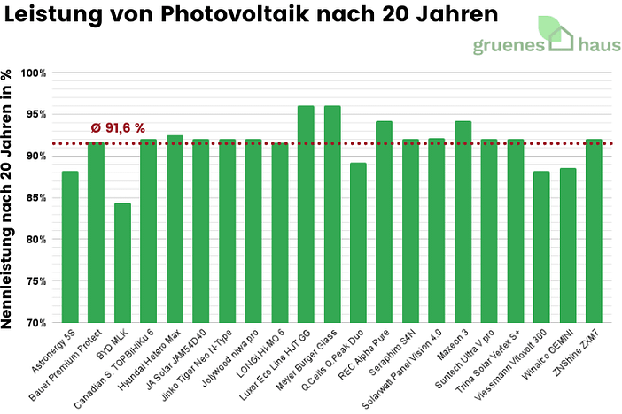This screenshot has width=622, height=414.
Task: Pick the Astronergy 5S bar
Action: pyautogui.click(x=70, y=247)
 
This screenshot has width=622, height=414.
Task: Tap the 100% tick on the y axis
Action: pyautogui.click(x=33, y=73)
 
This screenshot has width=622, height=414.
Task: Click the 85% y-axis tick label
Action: pyautogui.click(x=35, y=197)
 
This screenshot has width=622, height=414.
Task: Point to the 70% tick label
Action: pyautogui.click(x=35, y=323)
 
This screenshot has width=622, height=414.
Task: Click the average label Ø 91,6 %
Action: pyautogui.click(x=118, y=128)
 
